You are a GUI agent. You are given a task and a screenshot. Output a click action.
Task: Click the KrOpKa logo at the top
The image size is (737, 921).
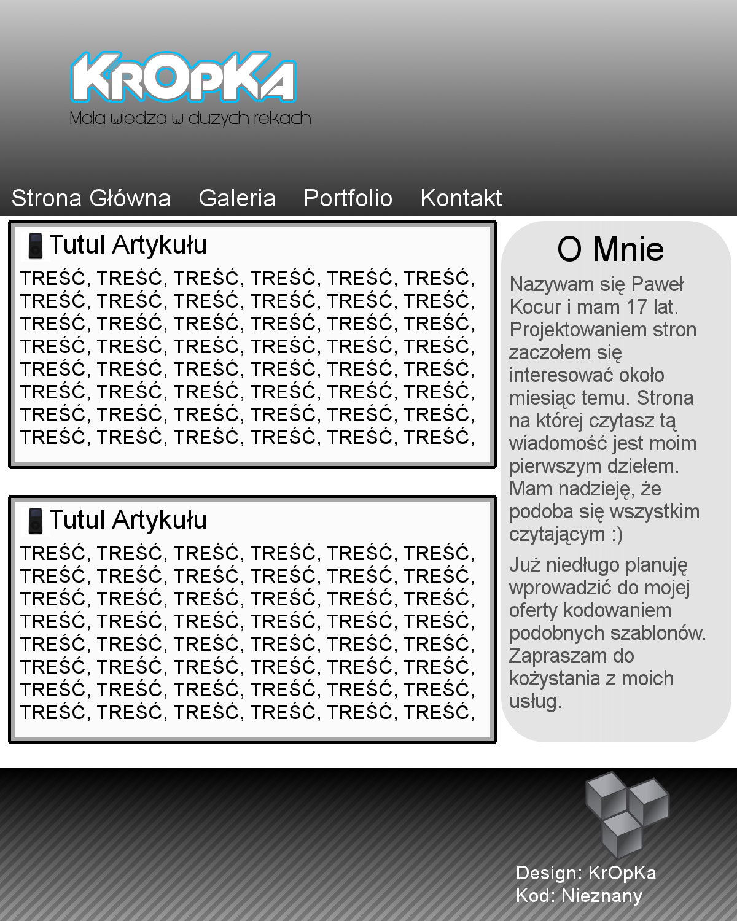(184, 78)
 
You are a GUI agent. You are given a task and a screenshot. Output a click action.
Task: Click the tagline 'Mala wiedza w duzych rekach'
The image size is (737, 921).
(190, 118)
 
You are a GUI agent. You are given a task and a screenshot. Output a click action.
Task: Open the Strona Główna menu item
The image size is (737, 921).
(91, 198)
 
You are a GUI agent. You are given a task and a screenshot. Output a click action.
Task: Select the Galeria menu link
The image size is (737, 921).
(237, 198)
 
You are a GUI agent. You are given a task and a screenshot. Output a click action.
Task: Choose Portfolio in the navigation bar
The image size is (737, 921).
(348, 198)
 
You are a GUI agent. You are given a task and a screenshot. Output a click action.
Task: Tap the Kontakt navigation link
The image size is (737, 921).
(461, 198)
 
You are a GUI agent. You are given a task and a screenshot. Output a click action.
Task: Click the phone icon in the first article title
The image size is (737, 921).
(36, 246)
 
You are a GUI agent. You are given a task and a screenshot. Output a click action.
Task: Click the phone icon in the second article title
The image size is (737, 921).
(36, 521)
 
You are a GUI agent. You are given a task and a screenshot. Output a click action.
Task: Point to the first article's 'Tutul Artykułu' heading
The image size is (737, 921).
(128, 245)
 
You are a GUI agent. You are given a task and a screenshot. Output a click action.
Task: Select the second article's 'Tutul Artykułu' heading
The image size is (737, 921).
(128, 520)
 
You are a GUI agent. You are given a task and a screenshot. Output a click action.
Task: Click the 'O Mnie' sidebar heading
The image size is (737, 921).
(610, 249)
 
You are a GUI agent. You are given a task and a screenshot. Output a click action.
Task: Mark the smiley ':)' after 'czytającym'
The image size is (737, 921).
(617, 535)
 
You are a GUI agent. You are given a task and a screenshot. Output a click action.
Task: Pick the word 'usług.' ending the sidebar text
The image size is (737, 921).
(536, 701)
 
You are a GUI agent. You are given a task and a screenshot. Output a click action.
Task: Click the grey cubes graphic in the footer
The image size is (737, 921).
(626, 812)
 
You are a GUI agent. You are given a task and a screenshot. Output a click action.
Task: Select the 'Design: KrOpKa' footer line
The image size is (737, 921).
(586, 873)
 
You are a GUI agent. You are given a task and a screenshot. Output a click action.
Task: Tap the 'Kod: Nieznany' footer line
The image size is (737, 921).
(579, 896)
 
